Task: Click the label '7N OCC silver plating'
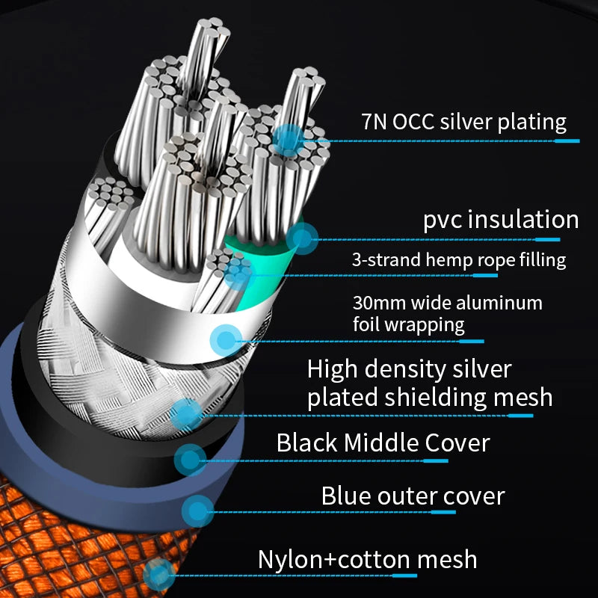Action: pyautogui.click(x=464, y=121)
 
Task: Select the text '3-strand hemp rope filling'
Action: pyautogui.click(x=459, y=260)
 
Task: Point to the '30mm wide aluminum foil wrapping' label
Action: pyautogui.click(x=447, y=314)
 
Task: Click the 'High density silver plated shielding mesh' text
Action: pyautogui.click(x=430, y=383)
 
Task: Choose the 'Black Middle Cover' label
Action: pyautogui.click(x=383, y=443)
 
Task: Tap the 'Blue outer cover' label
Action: pyautogui.click(x=413, y=496)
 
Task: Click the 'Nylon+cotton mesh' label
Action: pyautogui.click(x=367, y=559)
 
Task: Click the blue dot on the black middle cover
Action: pyautogui.click(x=190, y=459)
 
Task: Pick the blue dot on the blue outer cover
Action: pyautogui.click(x=197, y=511)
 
